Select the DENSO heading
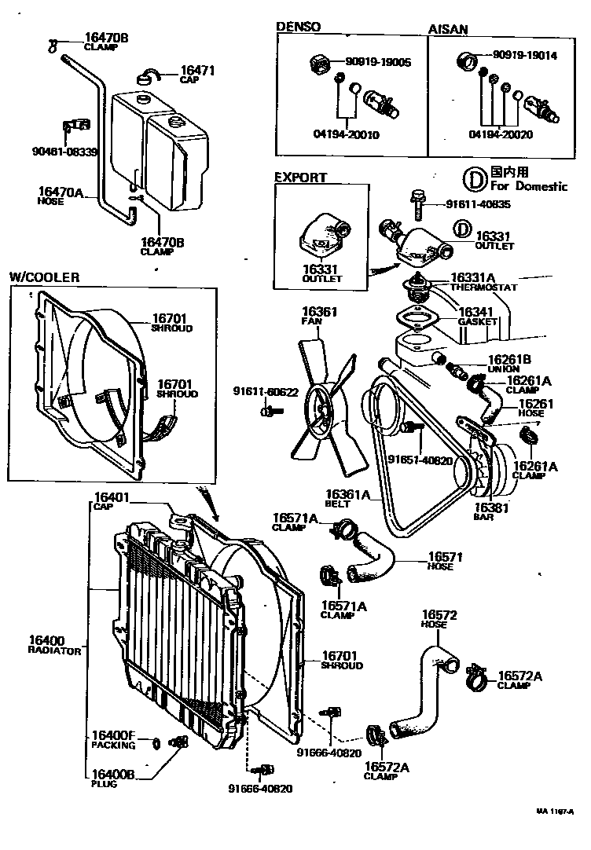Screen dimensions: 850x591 299,27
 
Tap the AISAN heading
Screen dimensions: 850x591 448,28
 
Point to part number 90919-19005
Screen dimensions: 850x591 378,61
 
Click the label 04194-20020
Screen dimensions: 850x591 501,134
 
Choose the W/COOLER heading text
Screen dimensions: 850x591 45,277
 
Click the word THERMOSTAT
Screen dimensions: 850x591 484,288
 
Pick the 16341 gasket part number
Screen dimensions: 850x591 477,312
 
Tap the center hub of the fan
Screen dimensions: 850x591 323,406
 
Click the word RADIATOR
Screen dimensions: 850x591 54,651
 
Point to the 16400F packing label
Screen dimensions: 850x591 113,735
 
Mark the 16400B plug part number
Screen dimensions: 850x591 113,774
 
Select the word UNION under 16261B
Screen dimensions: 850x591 503,369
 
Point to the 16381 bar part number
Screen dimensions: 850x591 494,507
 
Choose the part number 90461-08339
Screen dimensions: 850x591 64,152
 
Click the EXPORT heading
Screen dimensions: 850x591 300,178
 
